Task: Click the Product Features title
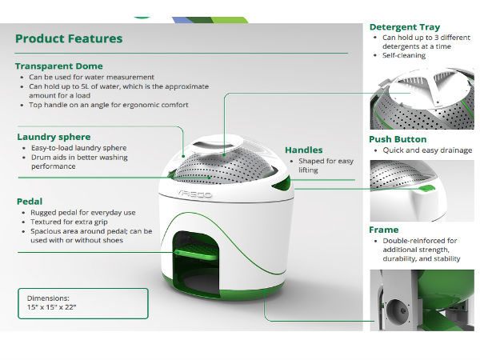[x=69, y=39]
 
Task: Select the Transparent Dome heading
[x=58, y=66]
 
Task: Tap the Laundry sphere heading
[x=54, y=137]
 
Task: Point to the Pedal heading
[x=30, y=202]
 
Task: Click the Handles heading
[x=304, y=150]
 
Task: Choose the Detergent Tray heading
[x=405, y=27]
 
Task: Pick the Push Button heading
[x=398, y=139]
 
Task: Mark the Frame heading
[x=384, y=230]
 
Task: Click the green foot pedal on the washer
[x=196, y=253]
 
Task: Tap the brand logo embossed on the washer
[x=194, y=194]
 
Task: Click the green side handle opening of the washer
[x=282, y=183]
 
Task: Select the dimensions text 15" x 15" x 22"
[x=52, y=307]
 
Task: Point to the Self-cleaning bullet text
[x=404, y=55]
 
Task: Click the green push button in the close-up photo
[x=426, y=188]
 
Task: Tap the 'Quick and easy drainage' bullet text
[x=427, y=150]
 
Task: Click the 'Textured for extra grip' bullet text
[x=69, y=222]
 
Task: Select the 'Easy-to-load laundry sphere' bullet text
[x=78, y=148]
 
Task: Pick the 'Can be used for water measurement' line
[x=91, y=77]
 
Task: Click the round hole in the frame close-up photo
[x=398, y=310]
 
